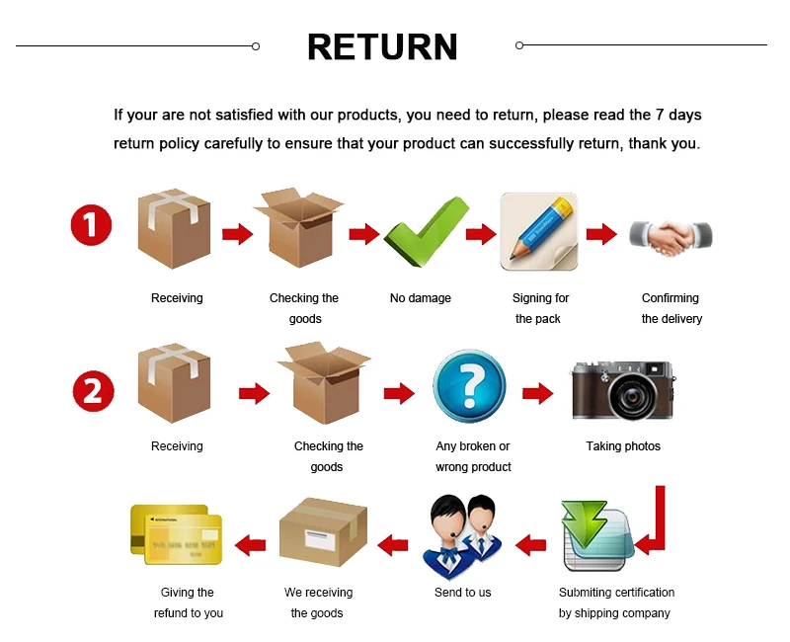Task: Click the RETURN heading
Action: (x=382, y=46)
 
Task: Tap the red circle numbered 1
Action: (x=91, y=226)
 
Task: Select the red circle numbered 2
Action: (x=93, y=391)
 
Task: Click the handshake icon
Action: (x=671, y=235)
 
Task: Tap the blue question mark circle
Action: (x=469, y=386)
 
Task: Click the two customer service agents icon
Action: (x=462, y=536)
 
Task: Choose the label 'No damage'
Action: (x=421, y=298)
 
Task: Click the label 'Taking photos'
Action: (x=623, y=446)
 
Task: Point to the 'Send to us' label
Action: (x=462, y=593)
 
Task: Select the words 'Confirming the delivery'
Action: (x=671, y=308)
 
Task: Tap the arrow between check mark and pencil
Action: (x=481, y=234)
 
